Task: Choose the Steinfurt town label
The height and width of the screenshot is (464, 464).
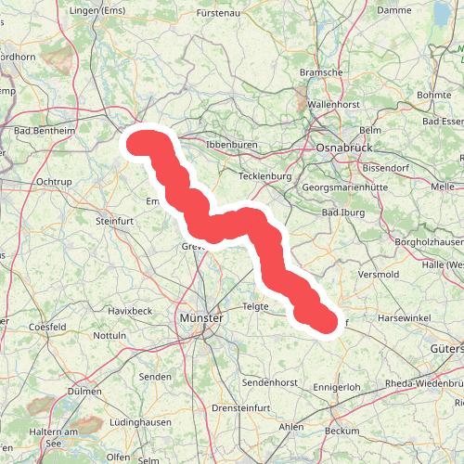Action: click(x=116, y=221)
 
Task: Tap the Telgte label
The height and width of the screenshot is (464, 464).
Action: click(x=255, y=305)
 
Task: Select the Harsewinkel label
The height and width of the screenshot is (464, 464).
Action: click(x=400, y=318)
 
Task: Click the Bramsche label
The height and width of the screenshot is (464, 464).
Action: click(x=322, y=71)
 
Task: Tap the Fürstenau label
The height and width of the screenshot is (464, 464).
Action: click(x=224, y=14)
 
